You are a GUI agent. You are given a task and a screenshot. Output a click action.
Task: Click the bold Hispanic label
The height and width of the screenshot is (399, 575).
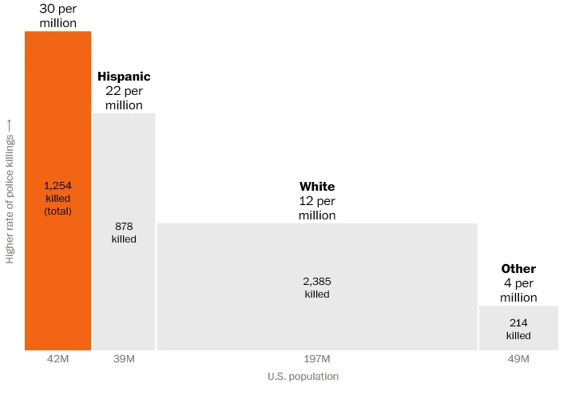pyautogui.click(x=124, y=77)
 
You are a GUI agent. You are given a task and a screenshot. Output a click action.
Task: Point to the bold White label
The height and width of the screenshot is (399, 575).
pyautogui.click(x=317, y=187)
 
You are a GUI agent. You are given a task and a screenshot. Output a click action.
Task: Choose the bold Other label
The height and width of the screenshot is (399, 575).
pyautogui.click(x=518, y=269)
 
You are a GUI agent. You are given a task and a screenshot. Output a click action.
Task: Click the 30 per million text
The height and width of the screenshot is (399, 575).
pyautogui.click(x=57, y=15)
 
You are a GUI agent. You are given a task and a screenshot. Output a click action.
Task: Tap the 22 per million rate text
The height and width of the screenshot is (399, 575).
pyautogui.click(x=124, y=98)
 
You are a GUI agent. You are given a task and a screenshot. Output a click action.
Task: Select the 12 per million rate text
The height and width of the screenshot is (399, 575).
pyautogui.click(x=317, y=208)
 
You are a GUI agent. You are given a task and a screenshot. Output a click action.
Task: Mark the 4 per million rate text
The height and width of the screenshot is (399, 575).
pyautogui.click(x=518, y=290)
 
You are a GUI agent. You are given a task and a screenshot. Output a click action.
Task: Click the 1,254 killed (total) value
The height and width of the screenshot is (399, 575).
pyautogui.click(x=57, y=198)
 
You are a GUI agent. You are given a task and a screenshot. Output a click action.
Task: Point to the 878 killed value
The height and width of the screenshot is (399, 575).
pyautogui.click(x=124, y=232)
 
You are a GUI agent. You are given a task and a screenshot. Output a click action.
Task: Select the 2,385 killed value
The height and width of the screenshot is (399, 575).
pyautogui.click(x=317, y=287)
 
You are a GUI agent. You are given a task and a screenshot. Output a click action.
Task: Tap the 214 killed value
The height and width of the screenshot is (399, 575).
pyautogui.click(x=518, y=329)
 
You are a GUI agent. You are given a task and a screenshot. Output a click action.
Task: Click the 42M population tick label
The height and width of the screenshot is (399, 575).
pyautogui.click(x=57, y=360)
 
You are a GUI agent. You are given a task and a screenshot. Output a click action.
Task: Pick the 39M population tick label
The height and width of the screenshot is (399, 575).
pyautogui.click(x=124, y=360)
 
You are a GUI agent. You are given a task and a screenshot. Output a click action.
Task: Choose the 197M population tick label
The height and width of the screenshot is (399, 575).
pyautogui.click(x=317, y=360)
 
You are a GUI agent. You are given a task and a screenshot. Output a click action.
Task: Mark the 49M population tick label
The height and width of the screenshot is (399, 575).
pyautogui.click(x=518, y=360)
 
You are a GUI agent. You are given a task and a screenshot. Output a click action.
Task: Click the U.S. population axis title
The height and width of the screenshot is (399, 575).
pyautogui.click(x=303, y=377)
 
